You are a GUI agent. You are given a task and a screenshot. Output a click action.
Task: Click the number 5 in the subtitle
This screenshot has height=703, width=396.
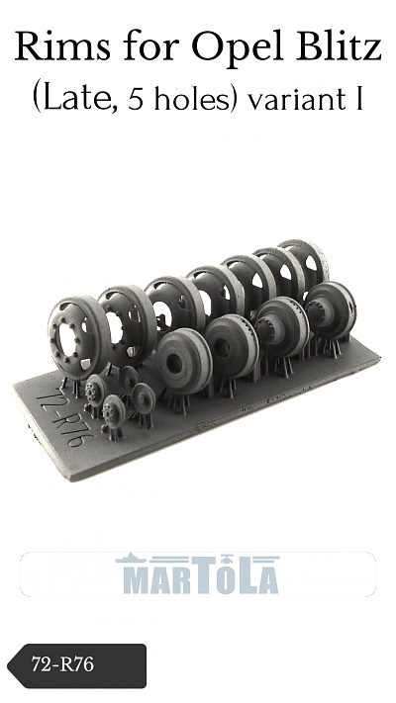tap(137, 101)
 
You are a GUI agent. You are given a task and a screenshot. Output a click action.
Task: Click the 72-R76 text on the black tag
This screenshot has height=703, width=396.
tap(62, 664)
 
